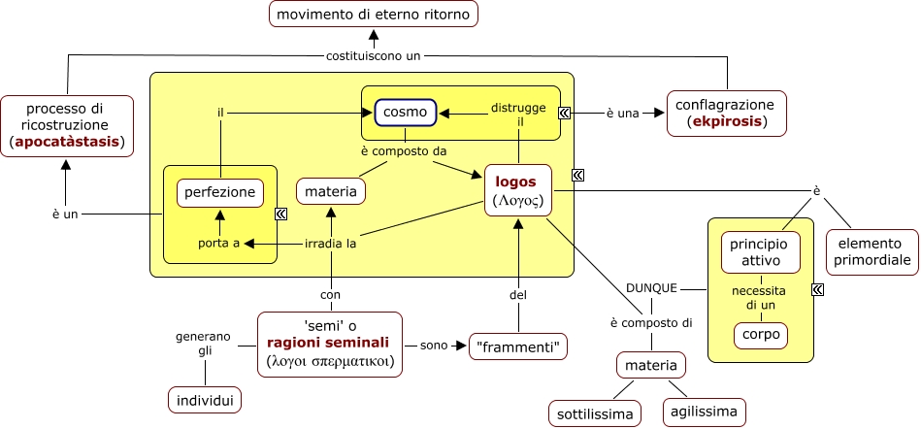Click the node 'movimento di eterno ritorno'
coord(374,15)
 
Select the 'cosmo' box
coord(405,113)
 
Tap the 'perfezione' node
coord(220,192)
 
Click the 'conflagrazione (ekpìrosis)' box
coord(725,113)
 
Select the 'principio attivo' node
coord(761,251)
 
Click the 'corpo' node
coord(761,336)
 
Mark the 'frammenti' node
coord(518,346)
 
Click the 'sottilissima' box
coord(595,413)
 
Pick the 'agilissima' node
coord(706,411)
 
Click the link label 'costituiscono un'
coord(374,55)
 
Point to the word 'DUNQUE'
coord(651,288)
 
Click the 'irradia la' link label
coord(331,243)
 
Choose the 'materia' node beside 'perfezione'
coord(331,192)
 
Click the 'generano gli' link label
coord(204,345)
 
